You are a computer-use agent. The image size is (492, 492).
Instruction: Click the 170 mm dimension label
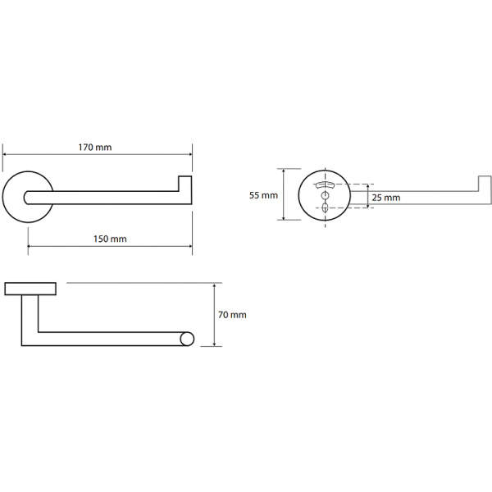(x=95, y=148)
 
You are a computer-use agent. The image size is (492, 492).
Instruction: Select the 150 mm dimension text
(x=108, y=239)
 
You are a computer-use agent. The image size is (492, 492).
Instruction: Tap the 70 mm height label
(x=233, y=315)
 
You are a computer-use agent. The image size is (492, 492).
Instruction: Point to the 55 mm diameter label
(x=263, y=195)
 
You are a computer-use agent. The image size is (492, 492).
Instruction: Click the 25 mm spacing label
(x=385, y=198)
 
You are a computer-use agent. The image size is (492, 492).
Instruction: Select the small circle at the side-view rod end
(x=187, y=338)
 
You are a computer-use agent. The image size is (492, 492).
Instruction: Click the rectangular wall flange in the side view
(x=30, y=288)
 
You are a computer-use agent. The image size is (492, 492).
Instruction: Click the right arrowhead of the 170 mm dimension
(x=189, y=154)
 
